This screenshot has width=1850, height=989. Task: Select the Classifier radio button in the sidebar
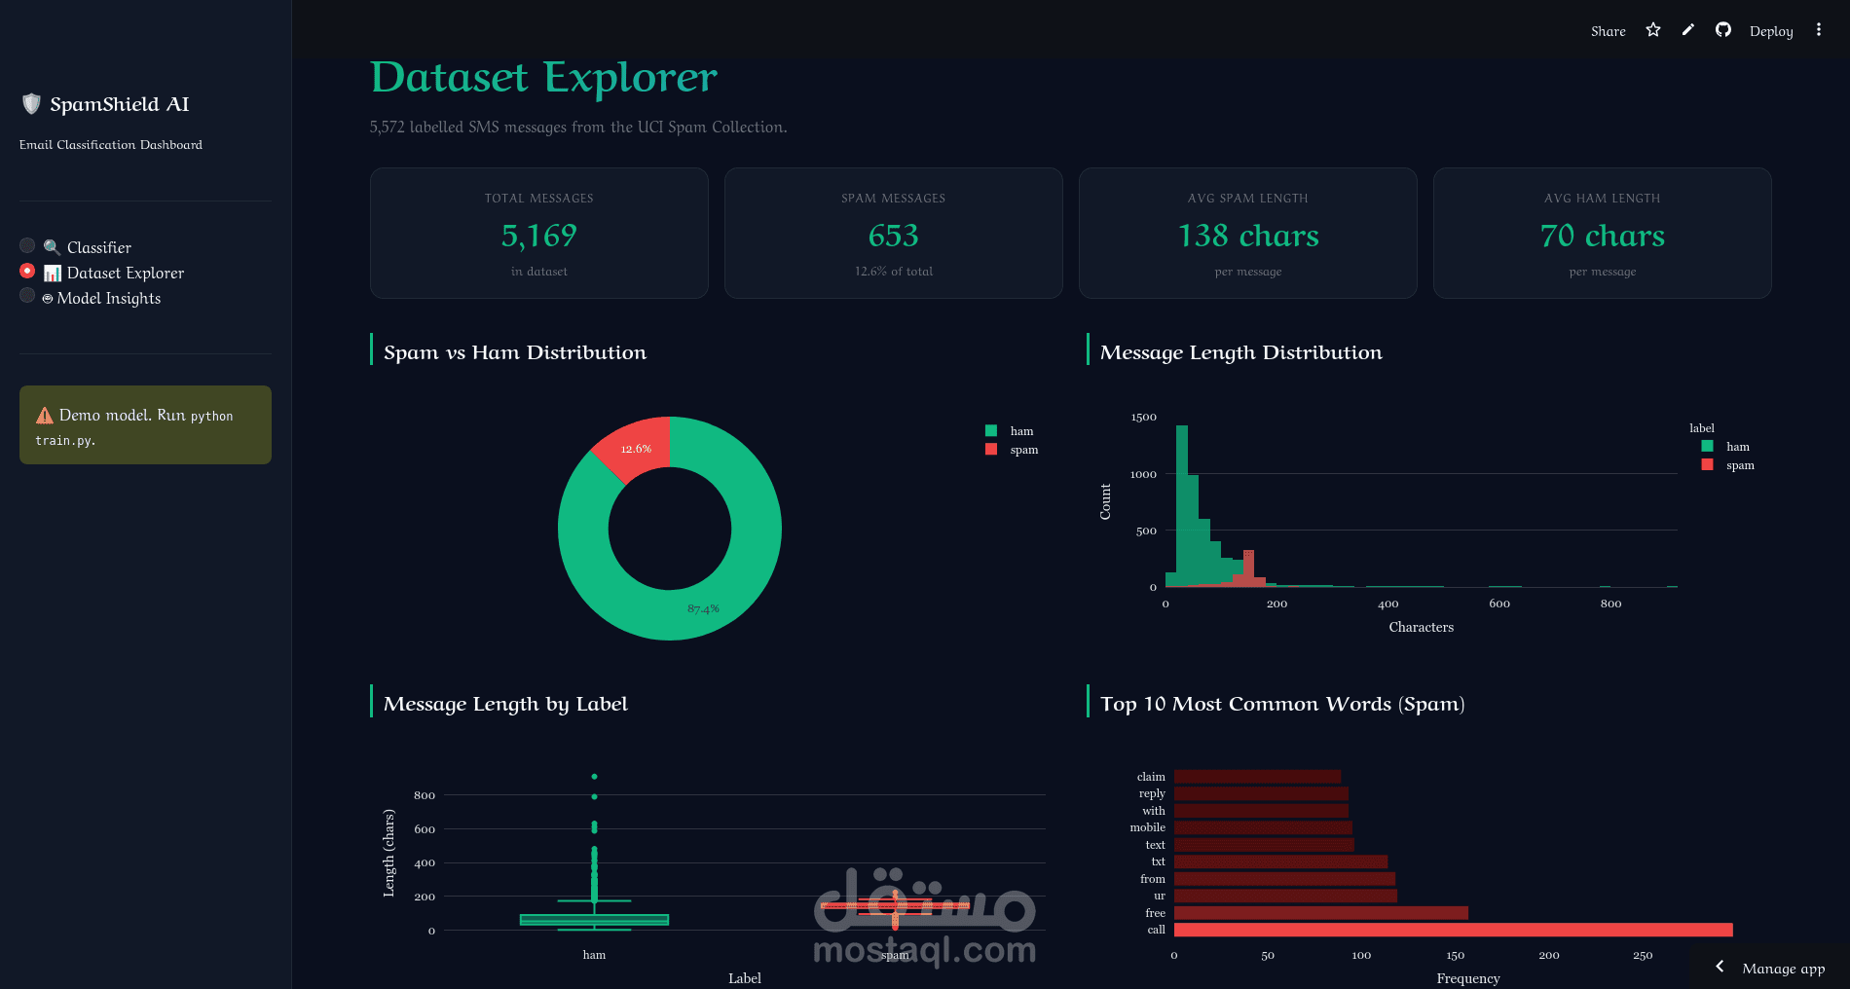27,246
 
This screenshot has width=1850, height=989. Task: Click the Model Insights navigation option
108,298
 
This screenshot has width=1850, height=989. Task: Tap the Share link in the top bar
1608,31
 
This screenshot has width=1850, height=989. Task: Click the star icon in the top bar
1653,30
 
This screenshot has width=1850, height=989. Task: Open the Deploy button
1770,31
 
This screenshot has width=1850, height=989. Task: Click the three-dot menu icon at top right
1818,30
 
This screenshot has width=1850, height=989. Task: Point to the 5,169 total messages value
538,236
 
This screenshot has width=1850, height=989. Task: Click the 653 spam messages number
893,236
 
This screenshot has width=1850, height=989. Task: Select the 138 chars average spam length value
1247,236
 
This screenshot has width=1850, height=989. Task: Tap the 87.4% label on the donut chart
703,608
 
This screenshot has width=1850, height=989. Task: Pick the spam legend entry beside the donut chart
1023,450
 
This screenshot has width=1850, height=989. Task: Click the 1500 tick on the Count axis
1143,418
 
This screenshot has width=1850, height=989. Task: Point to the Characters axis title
1421,628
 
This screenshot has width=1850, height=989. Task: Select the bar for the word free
1320,913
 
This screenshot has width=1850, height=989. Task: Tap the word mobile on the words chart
1147,827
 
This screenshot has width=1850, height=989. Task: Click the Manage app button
1782,968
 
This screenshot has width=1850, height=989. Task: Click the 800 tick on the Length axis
424,795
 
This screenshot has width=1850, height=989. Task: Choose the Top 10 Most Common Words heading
1281,704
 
